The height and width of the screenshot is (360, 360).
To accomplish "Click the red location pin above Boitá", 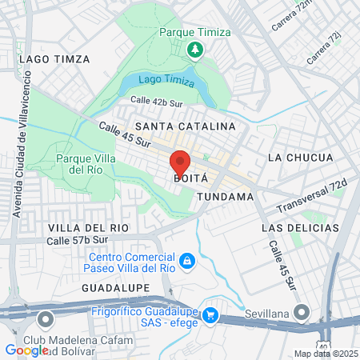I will (x=180, y=163).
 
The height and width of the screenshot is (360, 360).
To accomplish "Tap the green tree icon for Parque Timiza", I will (x=194, y=50).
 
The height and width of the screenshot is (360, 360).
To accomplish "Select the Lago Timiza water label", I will (x=166, y=79).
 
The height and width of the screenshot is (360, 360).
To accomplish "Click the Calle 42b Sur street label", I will (x=157, y=101).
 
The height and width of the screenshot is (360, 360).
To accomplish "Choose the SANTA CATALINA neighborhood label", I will (x=185, y=126).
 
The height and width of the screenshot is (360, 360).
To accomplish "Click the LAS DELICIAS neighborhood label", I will (x=295, y=228).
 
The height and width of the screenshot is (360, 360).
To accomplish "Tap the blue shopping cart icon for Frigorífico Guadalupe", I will (x=210, y=315).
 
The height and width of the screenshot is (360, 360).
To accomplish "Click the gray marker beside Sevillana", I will (x=301, y=311).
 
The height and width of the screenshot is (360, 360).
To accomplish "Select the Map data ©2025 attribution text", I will (x=325, y=354).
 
